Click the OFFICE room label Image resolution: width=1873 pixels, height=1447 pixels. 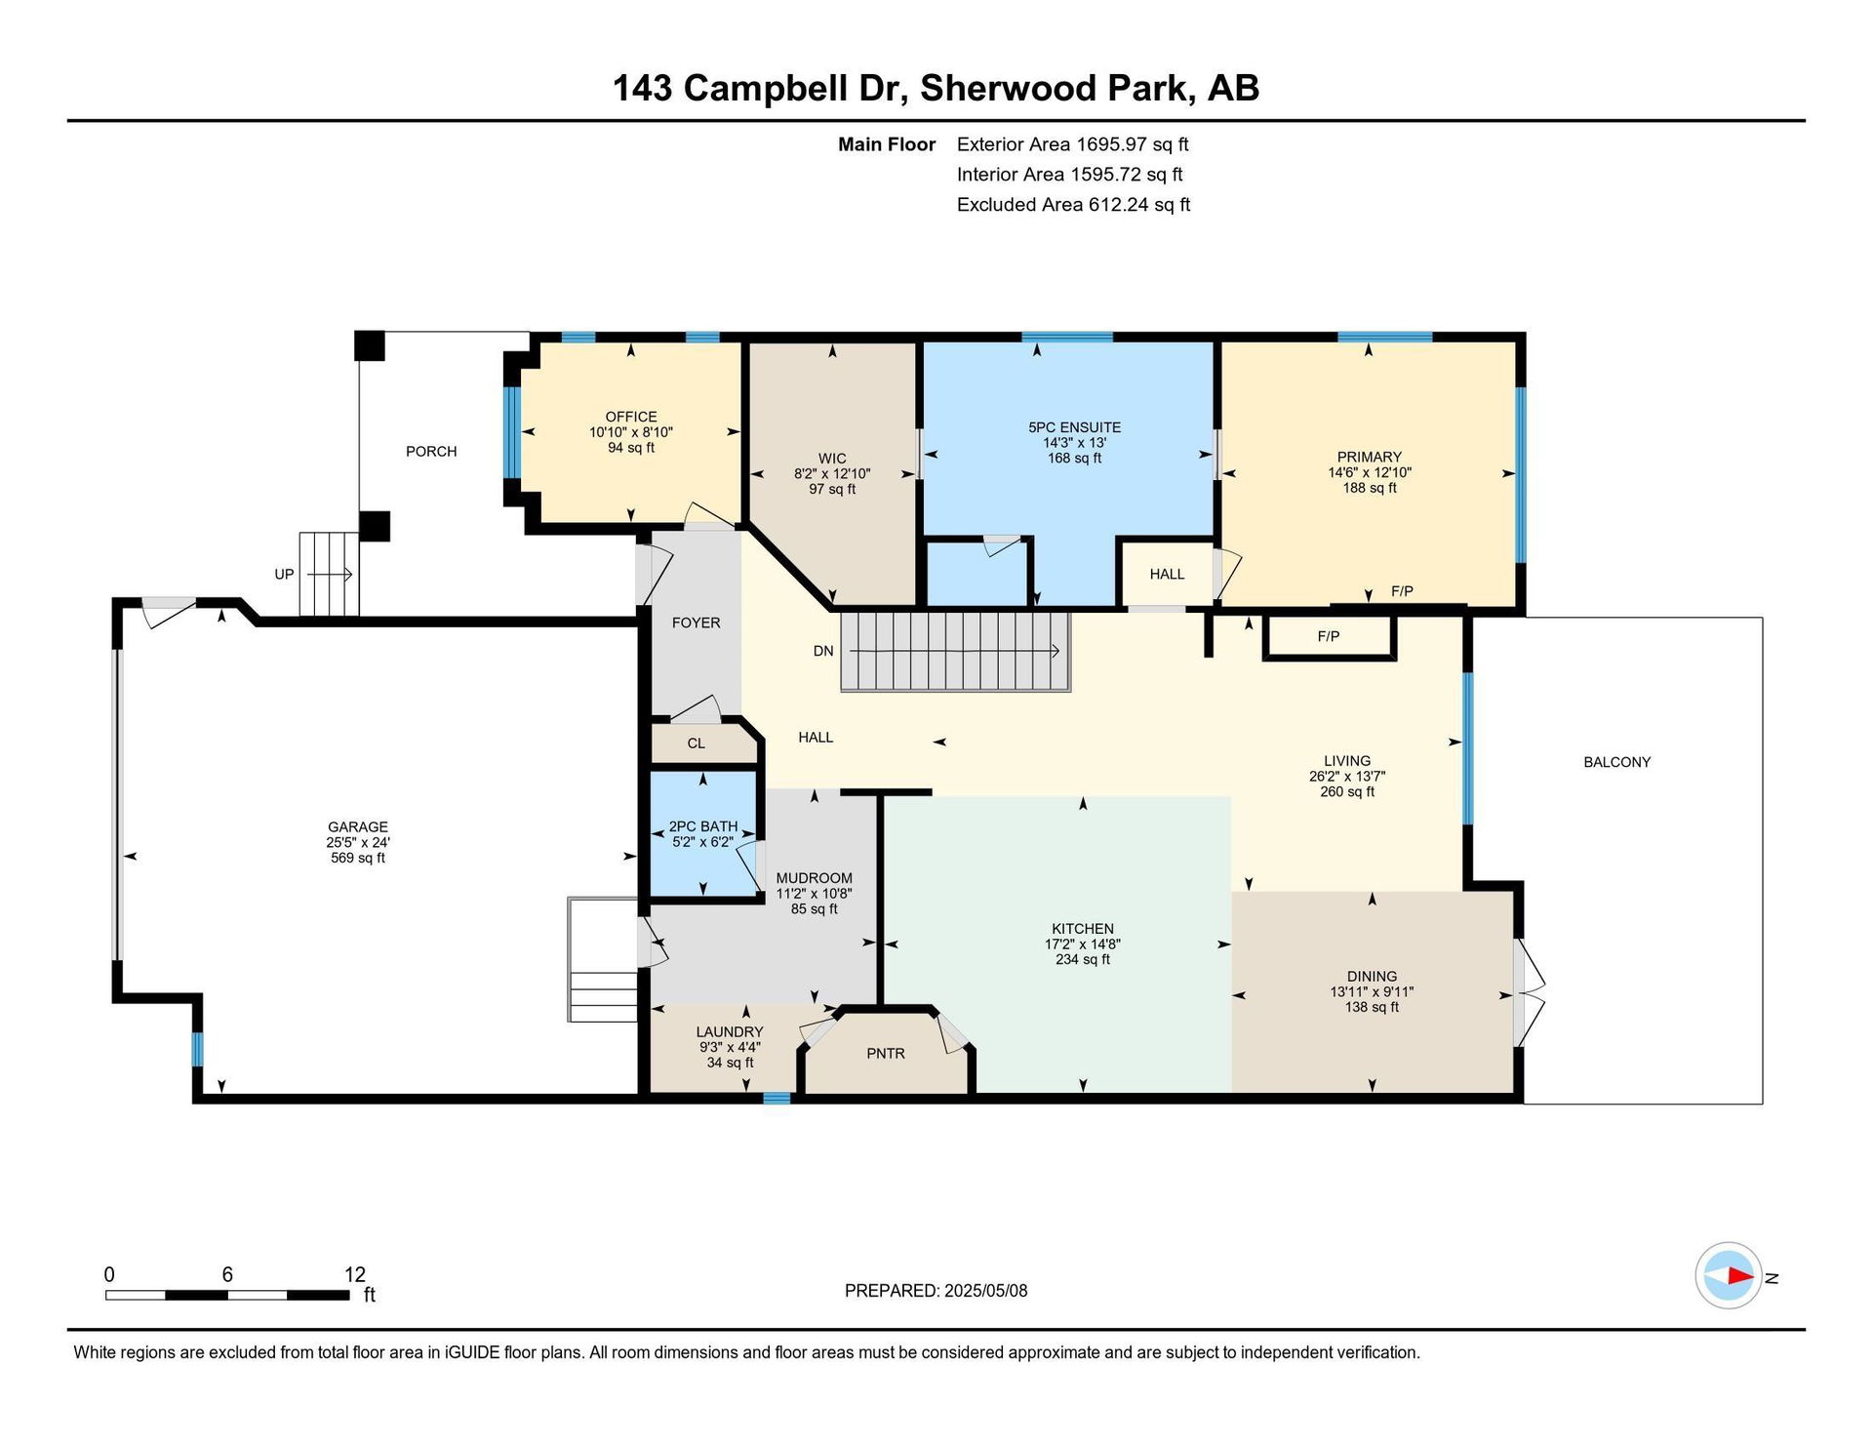point(631,417)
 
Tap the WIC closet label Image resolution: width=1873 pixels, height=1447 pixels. point(832,459)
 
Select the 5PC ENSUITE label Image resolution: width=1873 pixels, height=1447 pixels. point(1074,427)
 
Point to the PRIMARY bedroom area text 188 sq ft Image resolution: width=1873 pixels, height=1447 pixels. point(1370,488)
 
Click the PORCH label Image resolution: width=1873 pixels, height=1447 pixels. point(431,451)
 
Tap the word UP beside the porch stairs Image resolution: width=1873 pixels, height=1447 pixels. point(284,574)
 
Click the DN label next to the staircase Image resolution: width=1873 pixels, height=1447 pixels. point(823,651)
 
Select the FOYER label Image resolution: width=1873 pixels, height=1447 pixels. point(696,623)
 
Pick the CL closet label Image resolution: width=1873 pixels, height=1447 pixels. point(696,744)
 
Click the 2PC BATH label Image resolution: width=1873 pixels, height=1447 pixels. point(702,826)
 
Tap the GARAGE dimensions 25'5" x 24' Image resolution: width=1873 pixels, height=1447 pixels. point(358,842)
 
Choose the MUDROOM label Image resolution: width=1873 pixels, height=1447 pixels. point(815,878)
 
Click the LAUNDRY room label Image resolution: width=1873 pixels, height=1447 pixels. point(730,1032)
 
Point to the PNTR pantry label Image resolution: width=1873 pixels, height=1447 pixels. point(886,1054)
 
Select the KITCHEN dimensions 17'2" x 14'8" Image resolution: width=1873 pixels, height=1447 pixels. point(1083,945)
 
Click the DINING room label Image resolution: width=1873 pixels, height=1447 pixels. point(1372,977)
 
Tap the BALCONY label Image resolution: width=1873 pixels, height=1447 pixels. point(1616,762)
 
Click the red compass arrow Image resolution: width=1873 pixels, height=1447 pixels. point(1740,1275)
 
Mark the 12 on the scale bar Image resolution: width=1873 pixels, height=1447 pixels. point(355,1274)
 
